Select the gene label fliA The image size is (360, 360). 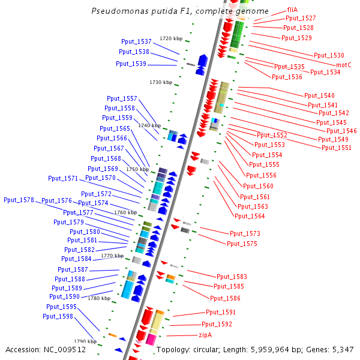[x=292, y=10]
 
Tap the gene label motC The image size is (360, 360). [x=343, y=65]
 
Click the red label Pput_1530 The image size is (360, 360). [x=329, y=55]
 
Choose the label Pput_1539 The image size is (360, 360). [x=131, y=64]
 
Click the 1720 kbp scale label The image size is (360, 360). [x=170, y=38]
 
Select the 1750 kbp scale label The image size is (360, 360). [x=137, y=169]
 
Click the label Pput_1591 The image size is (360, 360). [x=221, y=312]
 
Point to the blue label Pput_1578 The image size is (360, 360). [x=19, y=200]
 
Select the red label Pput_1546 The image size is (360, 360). [x=341, y=131]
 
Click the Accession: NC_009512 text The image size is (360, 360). [x=46, y=350]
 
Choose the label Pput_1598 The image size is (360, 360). [x=59, y=316]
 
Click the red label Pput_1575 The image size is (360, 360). [x=242, y=244]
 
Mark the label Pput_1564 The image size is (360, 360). [x=250, y=216]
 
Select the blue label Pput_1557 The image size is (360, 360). [x=122, y=98]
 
